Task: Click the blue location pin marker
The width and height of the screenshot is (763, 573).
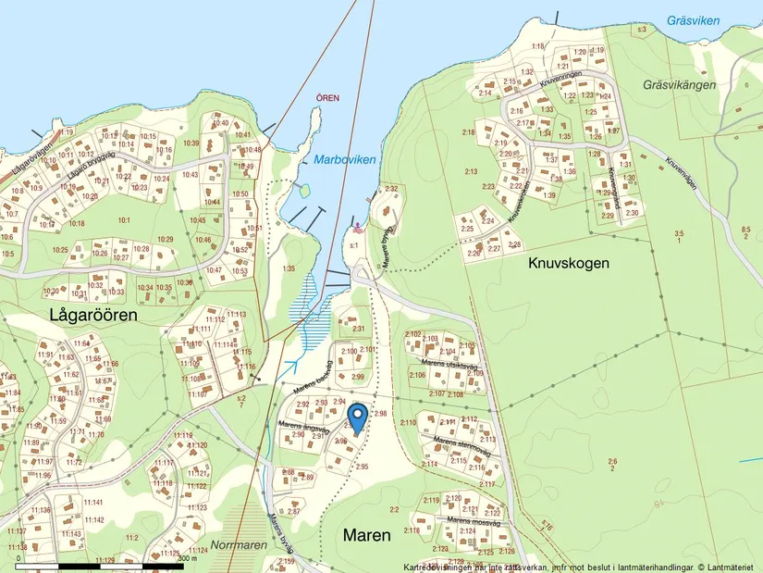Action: point(357,417)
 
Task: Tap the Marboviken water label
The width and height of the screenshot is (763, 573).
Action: point(344,160)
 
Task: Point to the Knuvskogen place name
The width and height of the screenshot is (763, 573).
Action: point(569,263)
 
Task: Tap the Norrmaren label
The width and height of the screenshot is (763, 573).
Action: point(238,545)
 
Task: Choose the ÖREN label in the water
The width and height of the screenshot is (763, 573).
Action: point(327,97)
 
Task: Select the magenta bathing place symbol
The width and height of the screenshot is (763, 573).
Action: point(357,227)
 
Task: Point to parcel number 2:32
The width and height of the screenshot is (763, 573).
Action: point(391,189)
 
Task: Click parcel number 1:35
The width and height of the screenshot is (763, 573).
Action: point(289,268)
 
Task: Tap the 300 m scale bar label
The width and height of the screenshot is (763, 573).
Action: point(188,558)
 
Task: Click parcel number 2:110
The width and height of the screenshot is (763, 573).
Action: point(407,423)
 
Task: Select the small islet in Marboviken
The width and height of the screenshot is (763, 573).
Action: point(301,192)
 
